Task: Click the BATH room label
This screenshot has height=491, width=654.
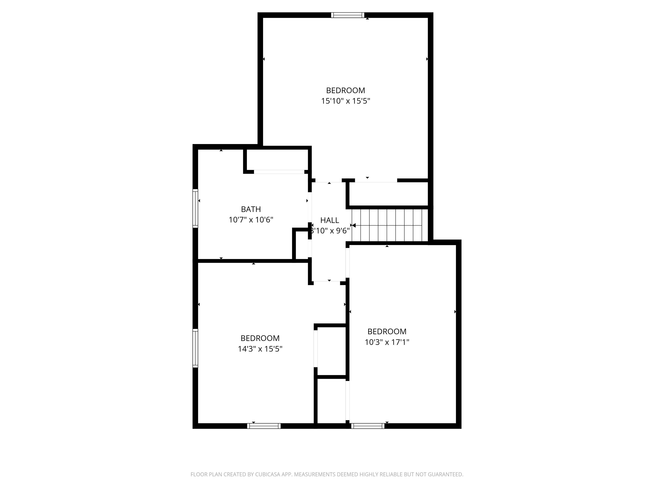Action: [251, 209]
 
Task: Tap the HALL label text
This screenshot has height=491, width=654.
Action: [329, 220]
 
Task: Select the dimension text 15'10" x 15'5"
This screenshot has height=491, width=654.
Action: [346, 101]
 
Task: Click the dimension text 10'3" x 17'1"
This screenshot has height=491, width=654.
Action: [387, 342]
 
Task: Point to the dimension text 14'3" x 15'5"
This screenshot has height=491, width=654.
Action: [260, 349]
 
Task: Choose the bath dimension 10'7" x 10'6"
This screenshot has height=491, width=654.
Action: [251, 220]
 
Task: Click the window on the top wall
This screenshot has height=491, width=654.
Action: [347, 15]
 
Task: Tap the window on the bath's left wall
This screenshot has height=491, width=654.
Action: [195, 208]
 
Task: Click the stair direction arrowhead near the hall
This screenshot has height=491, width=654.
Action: [354, 225]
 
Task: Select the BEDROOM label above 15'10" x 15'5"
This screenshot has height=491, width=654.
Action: [345, 90]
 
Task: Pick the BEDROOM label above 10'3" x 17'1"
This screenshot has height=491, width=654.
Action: [387, 331]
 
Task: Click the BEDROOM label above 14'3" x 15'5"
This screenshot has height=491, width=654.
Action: [260, 338]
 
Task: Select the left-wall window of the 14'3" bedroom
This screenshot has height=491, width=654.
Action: [195, 348]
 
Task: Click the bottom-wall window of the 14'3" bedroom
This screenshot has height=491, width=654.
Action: [264, 426]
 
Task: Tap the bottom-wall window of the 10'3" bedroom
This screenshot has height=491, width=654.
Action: [368, 426]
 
